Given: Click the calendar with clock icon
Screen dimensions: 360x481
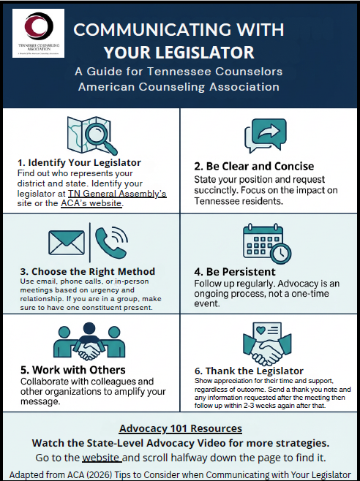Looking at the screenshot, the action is point(264,243).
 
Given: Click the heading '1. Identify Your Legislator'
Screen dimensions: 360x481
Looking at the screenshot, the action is point(78,162).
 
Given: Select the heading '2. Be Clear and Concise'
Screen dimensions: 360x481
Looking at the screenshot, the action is point(254,165).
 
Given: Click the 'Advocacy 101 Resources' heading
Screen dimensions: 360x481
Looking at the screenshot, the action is point(180,428).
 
